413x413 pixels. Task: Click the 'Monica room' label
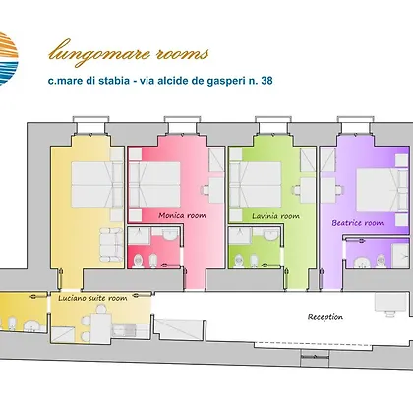(182, 215)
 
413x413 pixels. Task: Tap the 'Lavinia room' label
(275, 216)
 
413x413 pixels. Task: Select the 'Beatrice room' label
(358, 223)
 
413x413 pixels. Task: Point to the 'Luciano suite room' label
(92, 298)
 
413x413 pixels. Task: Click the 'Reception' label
(325, 317)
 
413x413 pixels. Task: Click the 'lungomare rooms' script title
(129, 52)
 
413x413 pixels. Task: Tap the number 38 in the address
(266, 81)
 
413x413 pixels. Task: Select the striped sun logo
(7, 59)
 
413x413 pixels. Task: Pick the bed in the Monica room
(154, 185)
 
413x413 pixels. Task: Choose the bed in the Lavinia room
(256, 185)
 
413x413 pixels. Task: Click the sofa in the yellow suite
(111, 245)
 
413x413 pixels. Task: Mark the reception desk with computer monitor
(389, 305)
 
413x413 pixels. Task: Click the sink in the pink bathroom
(170, 234)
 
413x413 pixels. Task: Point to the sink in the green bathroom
(271, 234)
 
